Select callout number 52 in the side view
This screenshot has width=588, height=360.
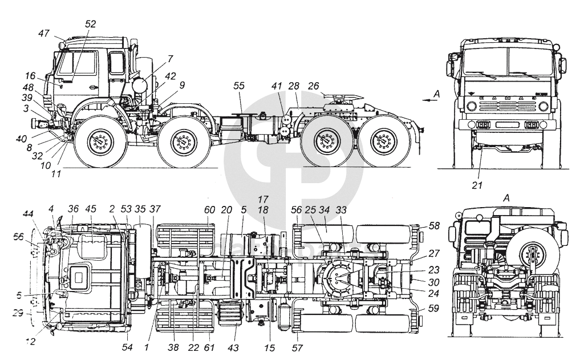90,23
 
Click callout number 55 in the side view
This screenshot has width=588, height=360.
239,85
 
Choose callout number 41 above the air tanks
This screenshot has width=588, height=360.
278,86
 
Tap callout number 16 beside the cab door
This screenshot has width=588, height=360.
30,75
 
